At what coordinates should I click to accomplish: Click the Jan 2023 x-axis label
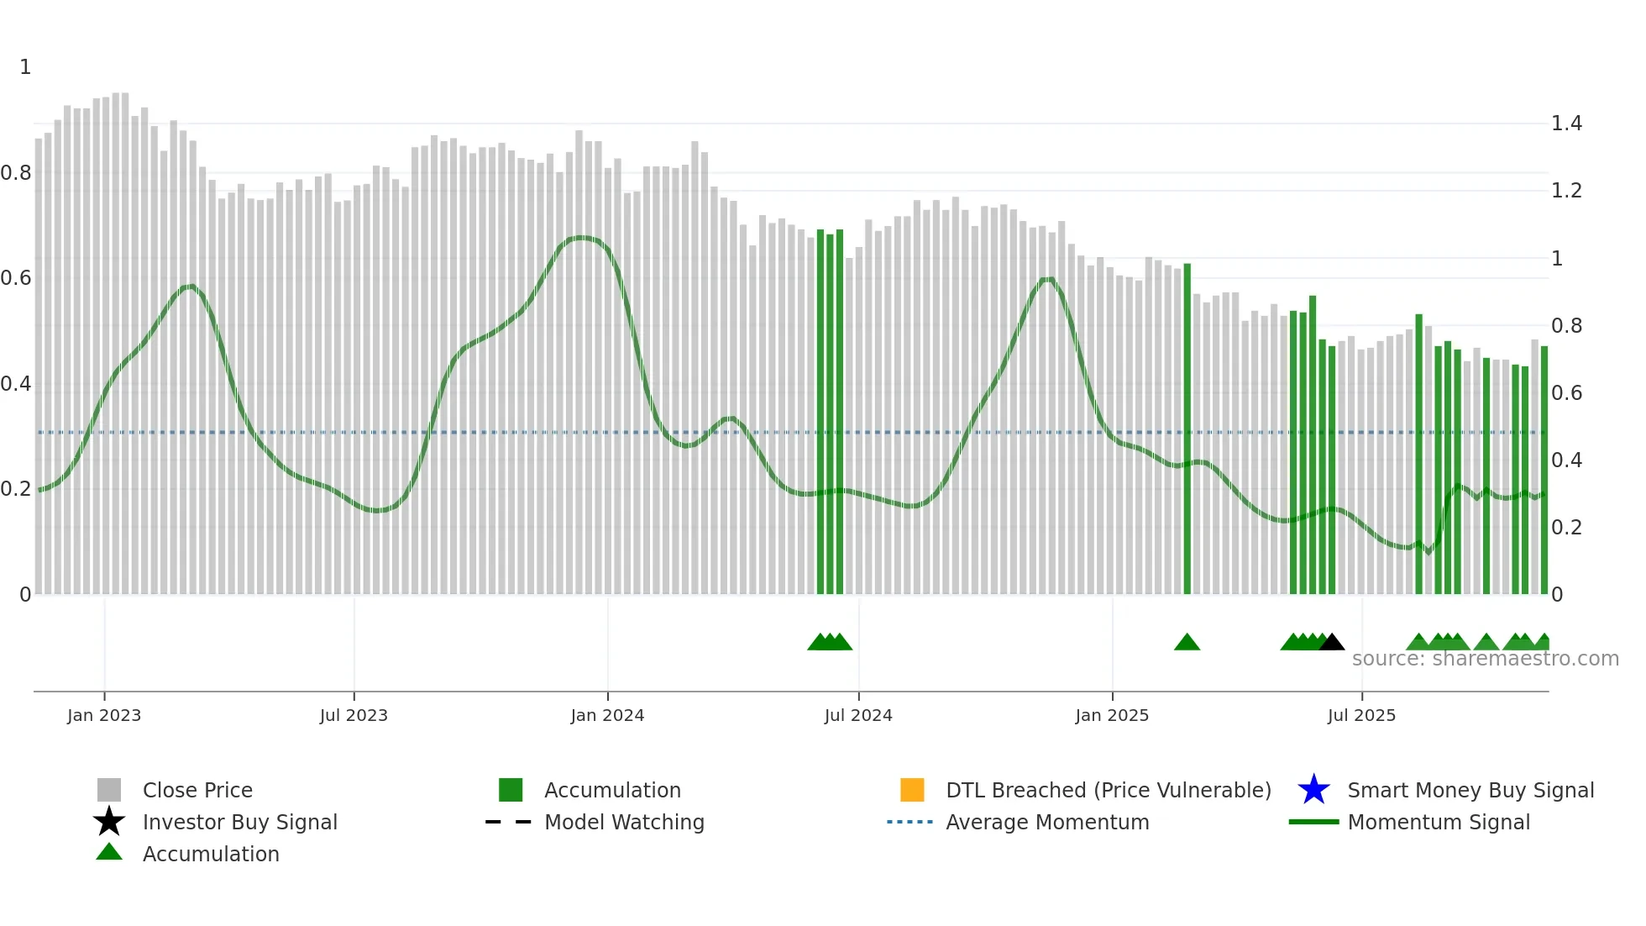(x=104, y=715)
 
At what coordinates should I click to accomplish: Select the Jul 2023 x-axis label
(x=354, y=715)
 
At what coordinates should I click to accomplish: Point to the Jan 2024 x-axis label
(x=607, y=715)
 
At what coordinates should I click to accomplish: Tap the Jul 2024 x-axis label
(x=858, y=715)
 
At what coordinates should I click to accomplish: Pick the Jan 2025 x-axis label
(x=1112, y=715)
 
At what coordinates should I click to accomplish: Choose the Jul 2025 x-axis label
(x=1361, y=715)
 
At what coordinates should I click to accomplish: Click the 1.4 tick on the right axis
(x=1566, y=124)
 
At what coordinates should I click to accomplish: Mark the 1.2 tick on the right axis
(x=1566, y=191)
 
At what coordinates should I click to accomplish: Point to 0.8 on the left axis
(x=16, y=173)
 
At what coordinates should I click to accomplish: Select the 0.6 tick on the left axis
(x=16, y=278)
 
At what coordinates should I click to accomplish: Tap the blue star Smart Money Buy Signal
(x=1313, y=790)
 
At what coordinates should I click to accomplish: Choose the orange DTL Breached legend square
(x=912, y=790)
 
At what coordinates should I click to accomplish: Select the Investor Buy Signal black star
(x=109, y=822)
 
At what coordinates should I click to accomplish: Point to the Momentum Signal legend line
(x=1313, y=822)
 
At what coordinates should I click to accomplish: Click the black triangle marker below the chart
(x=1332, y=643)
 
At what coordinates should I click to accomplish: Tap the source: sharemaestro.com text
(x=1485, y=659)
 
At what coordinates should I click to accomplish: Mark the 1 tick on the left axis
(x=25, y=67)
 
